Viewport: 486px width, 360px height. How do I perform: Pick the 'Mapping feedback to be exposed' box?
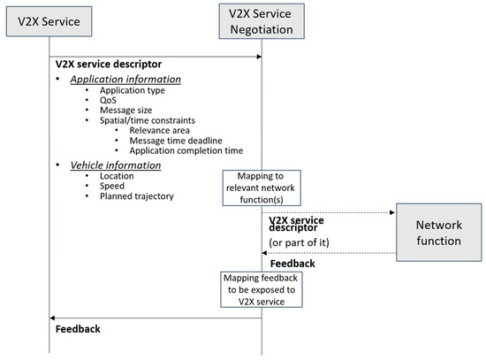tap(262, 291)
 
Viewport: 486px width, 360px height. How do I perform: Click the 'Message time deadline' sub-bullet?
tap(176, 140)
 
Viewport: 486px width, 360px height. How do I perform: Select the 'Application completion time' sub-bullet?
tap(186, 149)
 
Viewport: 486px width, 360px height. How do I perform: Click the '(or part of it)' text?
tap(304, 242)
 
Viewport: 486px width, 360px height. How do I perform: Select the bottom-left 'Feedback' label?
tap(78, 329)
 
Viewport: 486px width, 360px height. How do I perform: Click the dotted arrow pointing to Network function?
tap(327, 212)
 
